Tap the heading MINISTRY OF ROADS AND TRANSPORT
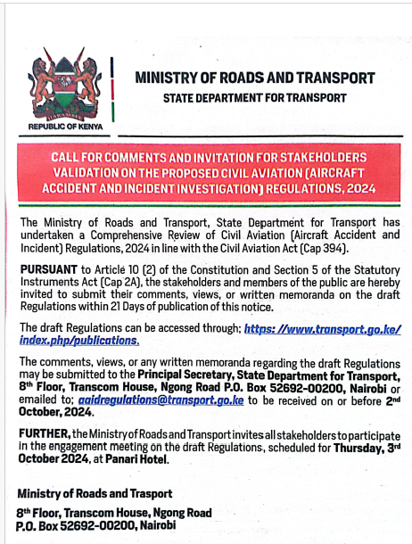[x=254, y=78]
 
